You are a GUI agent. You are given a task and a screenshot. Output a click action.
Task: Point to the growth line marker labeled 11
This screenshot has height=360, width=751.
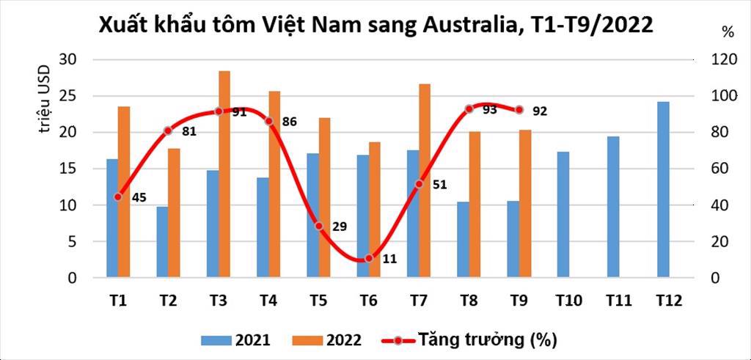[369, 258]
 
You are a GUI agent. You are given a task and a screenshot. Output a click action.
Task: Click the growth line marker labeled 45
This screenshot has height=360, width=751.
[118, 196]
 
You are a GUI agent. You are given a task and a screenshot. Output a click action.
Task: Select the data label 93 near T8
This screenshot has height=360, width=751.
[490, 109]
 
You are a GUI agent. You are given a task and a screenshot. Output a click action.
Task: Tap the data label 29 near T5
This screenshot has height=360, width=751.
[340, 227]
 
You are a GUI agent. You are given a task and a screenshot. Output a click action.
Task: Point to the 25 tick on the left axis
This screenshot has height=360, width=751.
[76, 96]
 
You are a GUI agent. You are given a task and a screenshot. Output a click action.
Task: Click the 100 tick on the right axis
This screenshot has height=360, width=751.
[714, 96]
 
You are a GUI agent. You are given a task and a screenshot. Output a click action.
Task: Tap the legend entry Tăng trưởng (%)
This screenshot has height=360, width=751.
[469, 339]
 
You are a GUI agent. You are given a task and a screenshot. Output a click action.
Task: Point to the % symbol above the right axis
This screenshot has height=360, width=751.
[727, 32]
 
